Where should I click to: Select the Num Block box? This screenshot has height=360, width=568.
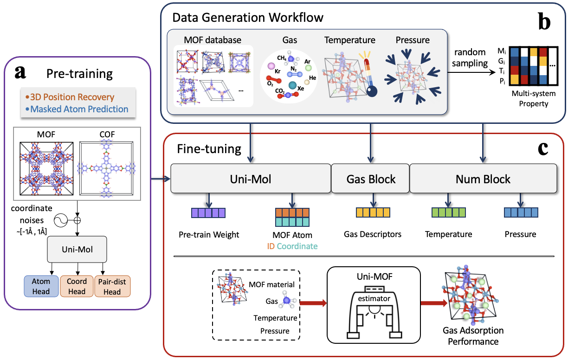483,179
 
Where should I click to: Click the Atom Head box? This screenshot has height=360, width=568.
41,286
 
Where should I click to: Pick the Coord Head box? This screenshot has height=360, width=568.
77,286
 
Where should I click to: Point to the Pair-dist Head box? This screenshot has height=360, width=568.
112,286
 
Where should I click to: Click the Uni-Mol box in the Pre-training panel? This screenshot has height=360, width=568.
77,249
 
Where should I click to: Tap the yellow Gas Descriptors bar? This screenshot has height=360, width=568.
373,213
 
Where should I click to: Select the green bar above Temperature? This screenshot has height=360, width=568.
448,213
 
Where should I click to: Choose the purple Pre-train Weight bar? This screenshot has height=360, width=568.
208,213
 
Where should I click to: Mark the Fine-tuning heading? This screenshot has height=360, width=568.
209,149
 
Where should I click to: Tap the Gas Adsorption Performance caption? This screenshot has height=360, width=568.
473,336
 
